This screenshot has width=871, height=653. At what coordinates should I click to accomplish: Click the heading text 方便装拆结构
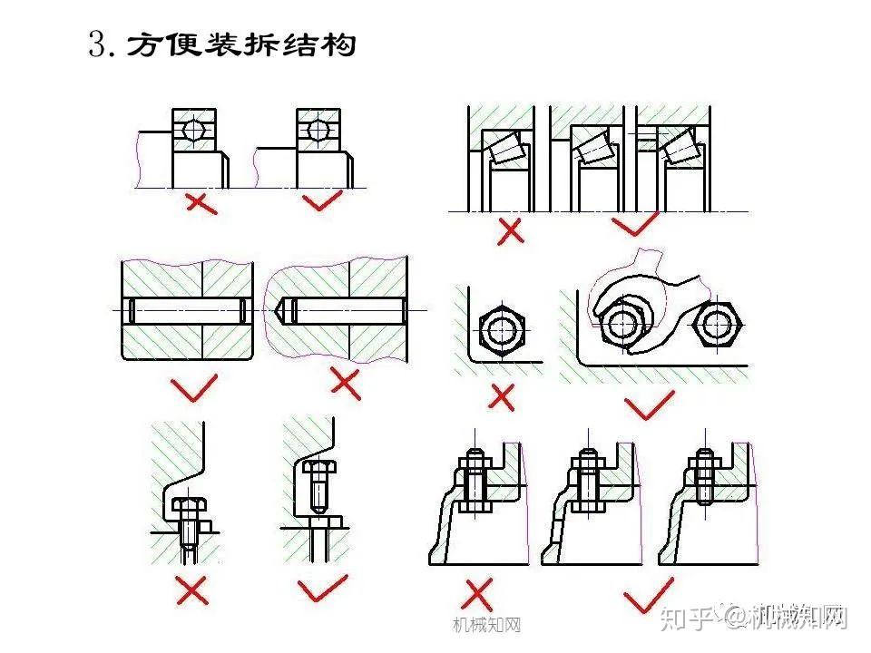[240, 44]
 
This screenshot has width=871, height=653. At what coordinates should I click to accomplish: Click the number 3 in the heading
[99, 45]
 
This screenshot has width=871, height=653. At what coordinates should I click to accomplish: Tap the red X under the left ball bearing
[200, 201]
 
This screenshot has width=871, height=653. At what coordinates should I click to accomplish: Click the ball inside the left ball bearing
[193, 129]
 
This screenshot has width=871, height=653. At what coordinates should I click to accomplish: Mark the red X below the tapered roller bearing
[511, 230]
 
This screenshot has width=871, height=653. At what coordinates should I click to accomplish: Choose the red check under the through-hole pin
[194, 388]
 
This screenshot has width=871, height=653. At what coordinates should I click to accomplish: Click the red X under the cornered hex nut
[502, 396]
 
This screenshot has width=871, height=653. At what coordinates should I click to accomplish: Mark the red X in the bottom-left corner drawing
[193, 591]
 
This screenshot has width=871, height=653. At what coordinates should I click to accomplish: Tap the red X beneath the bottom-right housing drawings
[477, 595]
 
